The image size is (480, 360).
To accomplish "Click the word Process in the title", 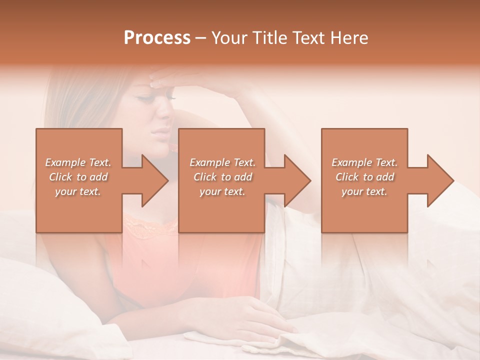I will (157, 38).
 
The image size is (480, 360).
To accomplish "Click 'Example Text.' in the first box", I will (78, 162).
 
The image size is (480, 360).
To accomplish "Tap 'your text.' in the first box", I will (78, 191).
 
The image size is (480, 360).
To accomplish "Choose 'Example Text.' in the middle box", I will (222, 162).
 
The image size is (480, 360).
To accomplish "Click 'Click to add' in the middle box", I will (222, 177).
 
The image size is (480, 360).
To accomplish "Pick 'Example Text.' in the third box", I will (364, 162).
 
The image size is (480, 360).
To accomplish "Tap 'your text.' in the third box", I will (364, 191).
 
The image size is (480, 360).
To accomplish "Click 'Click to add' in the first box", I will (78, 177).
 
